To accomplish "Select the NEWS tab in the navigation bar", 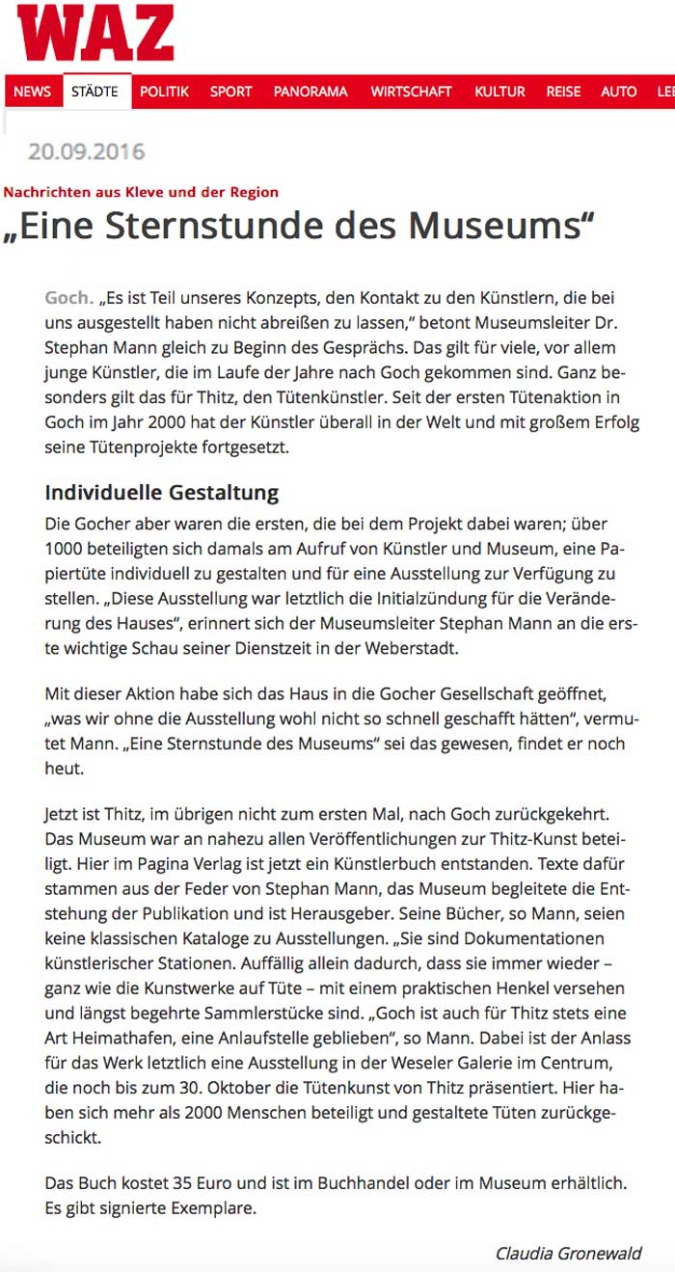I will pos(32,92).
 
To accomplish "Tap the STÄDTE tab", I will pos(94,92).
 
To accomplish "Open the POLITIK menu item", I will pos(164,92).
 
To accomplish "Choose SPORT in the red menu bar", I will pos(230,92).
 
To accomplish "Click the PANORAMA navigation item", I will pos(310,92).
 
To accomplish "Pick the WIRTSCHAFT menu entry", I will pos(411,92).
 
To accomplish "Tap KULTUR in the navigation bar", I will pos(499,92).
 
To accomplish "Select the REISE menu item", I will pos(563,92).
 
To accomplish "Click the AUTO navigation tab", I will pos(619,92).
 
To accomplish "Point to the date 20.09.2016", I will pos(86,151).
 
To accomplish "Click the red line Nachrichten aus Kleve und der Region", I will pos(141,192).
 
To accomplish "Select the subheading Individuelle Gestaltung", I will pos(161,493).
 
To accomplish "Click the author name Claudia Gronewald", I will pos(568,1254).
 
